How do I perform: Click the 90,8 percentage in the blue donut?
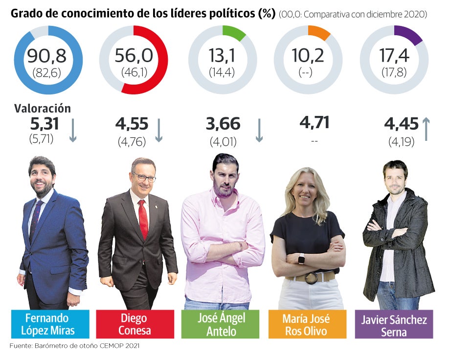click(48, 56)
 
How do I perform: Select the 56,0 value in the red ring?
click(133, 56)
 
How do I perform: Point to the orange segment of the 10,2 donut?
click(318, 32)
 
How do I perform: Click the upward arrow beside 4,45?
click(426, 128)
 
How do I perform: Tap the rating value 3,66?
click(223, 124)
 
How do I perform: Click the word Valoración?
click(43, 109)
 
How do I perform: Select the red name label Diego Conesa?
click(135, 324)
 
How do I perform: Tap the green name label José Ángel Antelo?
click(222, 324)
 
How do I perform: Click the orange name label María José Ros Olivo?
click(306, 324)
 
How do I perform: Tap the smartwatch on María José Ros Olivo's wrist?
click(301, 260)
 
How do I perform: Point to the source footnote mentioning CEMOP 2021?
click(74, 346)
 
